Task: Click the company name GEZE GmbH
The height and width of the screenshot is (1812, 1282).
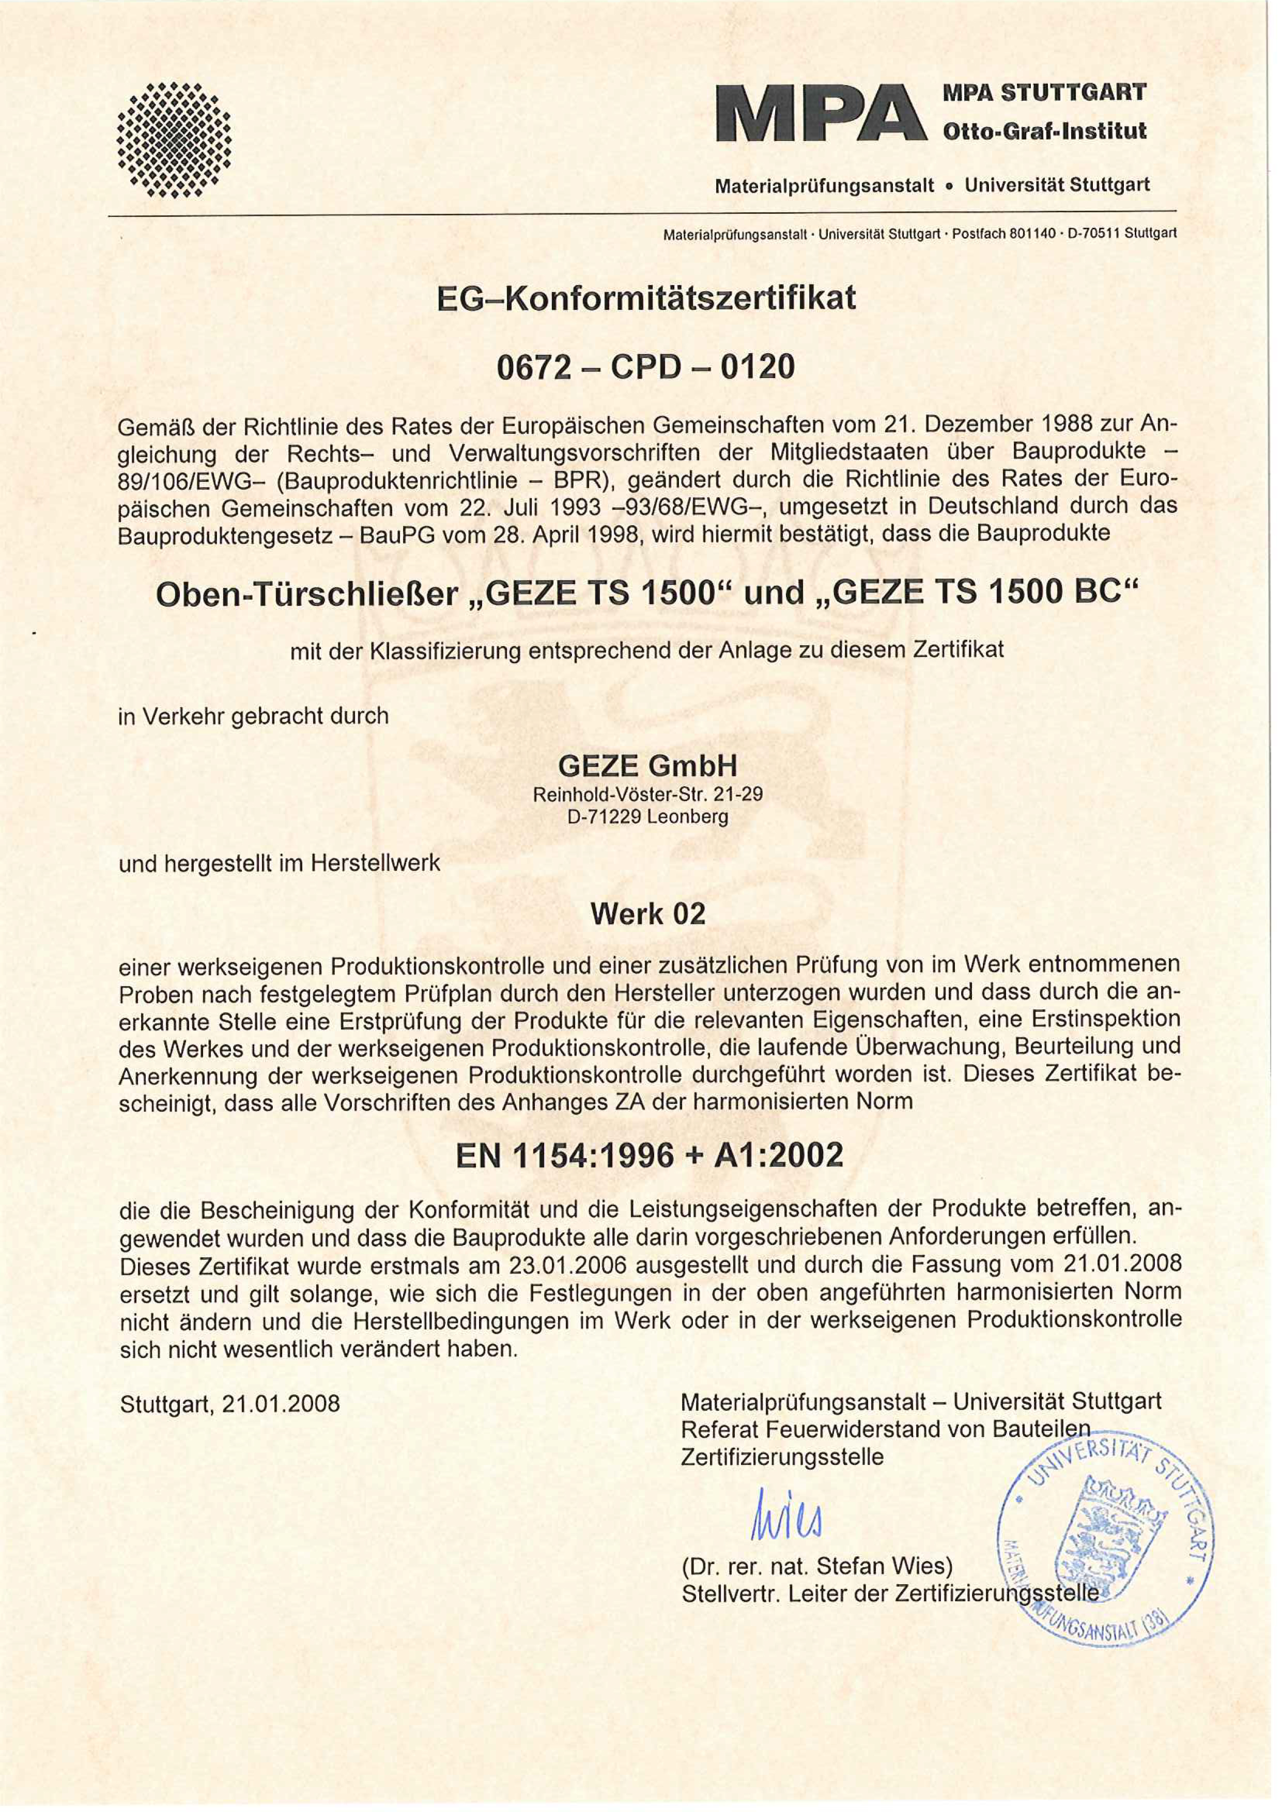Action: (647, 766)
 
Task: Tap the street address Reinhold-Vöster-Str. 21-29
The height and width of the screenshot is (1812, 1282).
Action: (648, 795)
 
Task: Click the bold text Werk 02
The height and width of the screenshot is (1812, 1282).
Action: (647, 914)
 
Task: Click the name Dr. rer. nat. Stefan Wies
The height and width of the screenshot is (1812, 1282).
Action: (817, 1566)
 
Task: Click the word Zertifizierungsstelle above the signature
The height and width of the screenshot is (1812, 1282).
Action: (781, 1456)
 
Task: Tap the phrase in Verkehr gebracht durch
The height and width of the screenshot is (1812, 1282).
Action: (253, 716)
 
